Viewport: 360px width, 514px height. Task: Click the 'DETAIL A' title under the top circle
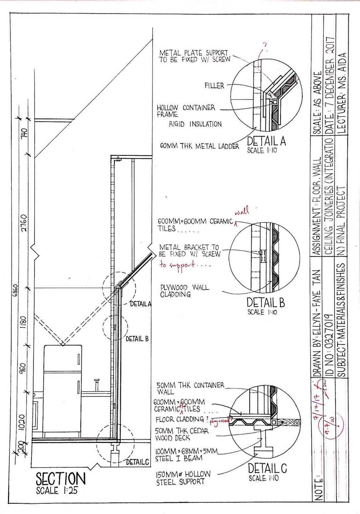pyautogui.click(x=266, y=141)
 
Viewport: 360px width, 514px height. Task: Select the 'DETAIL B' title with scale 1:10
pyautogui.click(x=265, y=302)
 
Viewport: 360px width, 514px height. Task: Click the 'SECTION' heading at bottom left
pyautogui.click(x=61, y=479)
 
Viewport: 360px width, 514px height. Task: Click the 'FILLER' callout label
pyautogui.click(x=214, y=86)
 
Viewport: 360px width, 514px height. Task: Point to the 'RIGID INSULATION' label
pyautogui.click(x=195, y=124)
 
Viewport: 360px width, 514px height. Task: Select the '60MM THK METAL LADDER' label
pyautogui.click(x=200, y=146)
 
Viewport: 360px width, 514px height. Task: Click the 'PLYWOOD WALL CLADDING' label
pyautogui.click(x=184, y=291)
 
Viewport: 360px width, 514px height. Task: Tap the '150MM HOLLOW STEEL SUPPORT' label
pyautogui.click(x=183, y=478)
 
